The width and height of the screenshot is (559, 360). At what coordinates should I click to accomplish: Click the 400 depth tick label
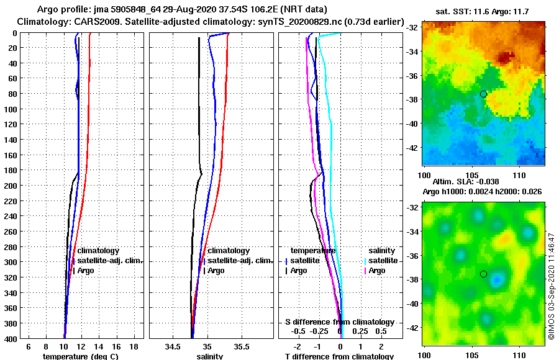point(11,338)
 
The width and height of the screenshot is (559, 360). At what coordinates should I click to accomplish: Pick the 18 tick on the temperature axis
point(134,346)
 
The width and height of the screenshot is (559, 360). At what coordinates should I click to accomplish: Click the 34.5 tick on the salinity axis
point(173,346)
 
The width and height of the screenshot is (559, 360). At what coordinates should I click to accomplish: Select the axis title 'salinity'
point(209,356)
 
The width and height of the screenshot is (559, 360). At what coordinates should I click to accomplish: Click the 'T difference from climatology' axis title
point(339,356)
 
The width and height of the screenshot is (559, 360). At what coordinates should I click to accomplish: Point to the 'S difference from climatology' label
point(340,322)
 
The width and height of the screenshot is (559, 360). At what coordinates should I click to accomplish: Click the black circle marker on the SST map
point(483,94)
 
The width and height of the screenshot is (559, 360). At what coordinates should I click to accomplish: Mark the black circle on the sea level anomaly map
point(483,274)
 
